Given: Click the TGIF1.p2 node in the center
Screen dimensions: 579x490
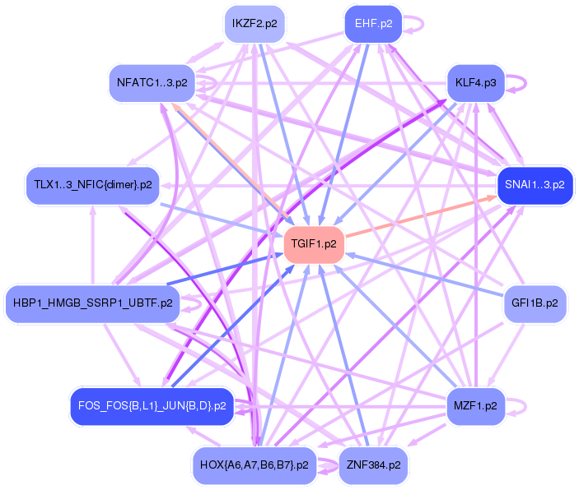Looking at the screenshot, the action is tap(314, 244).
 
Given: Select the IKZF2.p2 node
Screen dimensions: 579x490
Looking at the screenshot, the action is tap(254, 24).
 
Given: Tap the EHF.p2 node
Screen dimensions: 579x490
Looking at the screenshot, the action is tap(373, 24).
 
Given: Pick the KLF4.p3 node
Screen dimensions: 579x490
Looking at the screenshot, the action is tap(475, 83).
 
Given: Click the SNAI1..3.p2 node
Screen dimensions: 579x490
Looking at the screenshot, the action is tap(535, 185).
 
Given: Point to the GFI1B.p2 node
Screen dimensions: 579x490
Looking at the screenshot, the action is tap(535, 303).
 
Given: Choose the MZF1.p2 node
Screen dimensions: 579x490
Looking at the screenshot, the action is tap(475, 406).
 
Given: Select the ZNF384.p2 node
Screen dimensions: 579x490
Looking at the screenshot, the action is tap(373, 465).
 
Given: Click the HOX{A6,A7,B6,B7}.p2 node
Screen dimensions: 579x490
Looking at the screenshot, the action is tap(254, 465).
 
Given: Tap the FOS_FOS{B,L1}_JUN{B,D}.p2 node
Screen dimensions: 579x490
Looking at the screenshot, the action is tap(152, 406).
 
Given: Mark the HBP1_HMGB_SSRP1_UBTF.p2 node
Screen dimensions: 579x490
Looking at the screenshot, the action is tap(93, 303).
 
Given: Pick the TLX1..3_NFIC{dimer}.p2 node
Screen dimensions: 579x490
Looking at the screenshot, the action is tap(93, 185).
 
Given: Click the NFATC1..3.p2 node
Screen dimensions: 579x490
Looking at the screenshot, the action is tap(152, 83).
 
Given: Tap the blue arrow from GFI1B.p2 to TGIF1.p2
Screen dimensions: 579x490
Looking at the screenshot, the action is tap(424, 275).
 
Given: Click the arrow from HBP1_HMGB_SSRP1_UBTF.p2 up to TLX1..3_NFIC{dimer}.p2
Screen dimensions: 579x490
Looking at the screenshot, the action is tap(93, 245).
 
